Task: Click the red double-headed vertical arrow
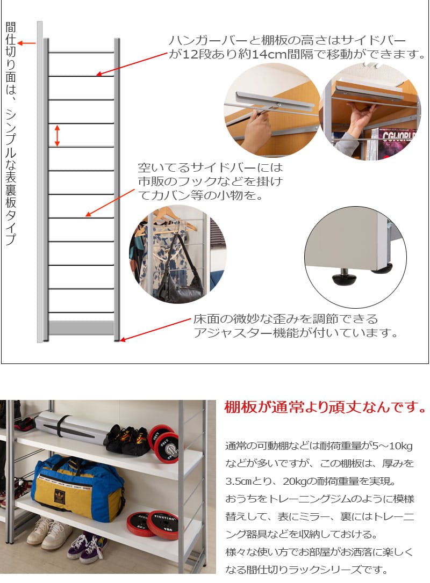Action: (x=57, y=135)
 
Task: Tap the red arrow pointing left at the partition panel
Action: (x=26, y=43)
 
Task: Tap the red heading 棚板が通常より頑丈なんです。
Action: (x=325, y=407)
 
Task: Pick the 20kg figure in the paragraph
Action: (x=295, y=481)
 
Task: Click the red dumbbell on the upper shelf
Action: (x=164, y=442)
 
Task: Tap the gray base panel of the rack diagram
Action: (x=81, y=327)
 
